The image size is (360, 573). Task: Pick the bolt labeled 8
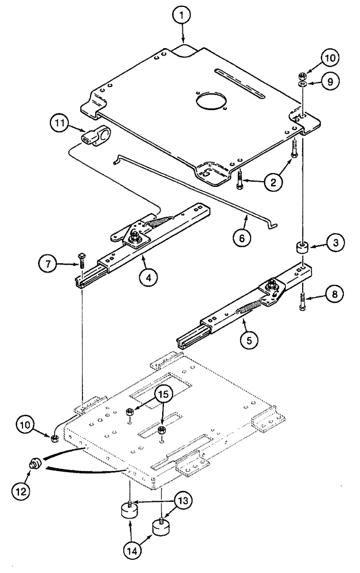click(301, 302)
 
